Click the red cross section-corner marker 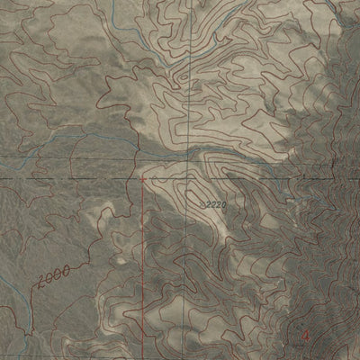(142, 179)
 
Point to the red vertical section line (142, 270)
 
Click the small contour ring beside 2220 (193, 193)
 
